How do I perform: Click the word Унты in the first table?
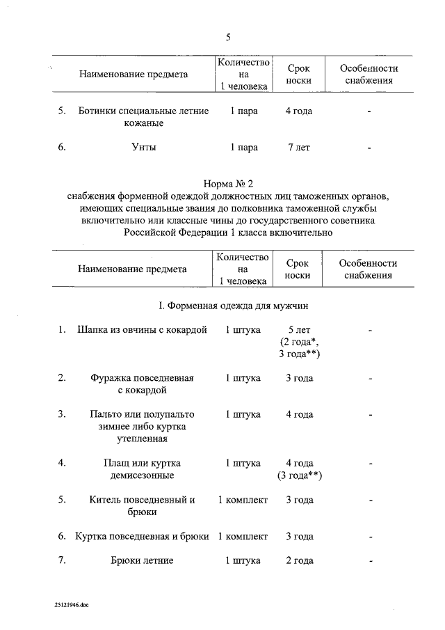(x=143, y=148)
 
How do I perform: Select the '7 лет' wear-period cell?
(x=298, y=148)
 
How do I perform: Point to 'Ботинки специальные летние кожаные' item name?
(x=143, y=118)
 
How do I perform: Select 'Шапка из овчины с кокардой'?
(x=143, y=329)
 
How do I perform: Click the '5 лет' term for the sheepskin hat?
(x=299, y=329)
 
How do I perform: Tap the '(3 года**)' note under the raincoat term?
(x=299, y=475)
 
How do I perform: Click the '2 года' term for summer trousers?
(x=299, y=560)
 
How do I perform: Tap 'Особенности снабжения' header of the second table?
(x=368, y=269)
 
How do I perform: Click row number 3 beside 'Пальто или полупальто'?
(x=62, y=414)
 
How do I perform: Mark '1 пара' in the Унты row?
(x=244, y=148)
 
